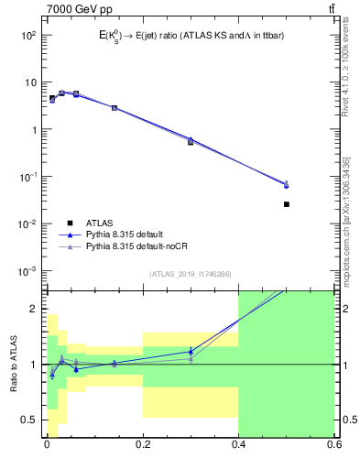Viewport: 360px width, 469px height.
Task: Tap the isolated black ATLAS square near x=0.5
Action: [x=287, y=204]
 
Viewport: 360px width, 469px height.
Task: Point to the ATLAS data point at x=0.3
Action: [x=191, y=142]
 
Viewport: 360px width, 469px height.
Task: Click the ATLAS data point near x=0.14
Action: [x=115, y=107]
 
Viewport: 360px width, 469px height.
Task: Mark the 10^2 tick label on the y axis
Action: [x=27, y=35]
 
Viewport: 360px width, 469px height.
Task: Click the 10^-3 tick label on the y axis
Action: [x=27, y=271]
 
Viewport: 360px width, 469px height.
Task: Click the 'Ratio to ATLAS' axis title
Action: [x=12, y=364]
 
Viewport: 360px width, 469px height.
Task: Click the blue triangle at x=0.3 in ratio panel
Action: [x=191, y=351]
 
